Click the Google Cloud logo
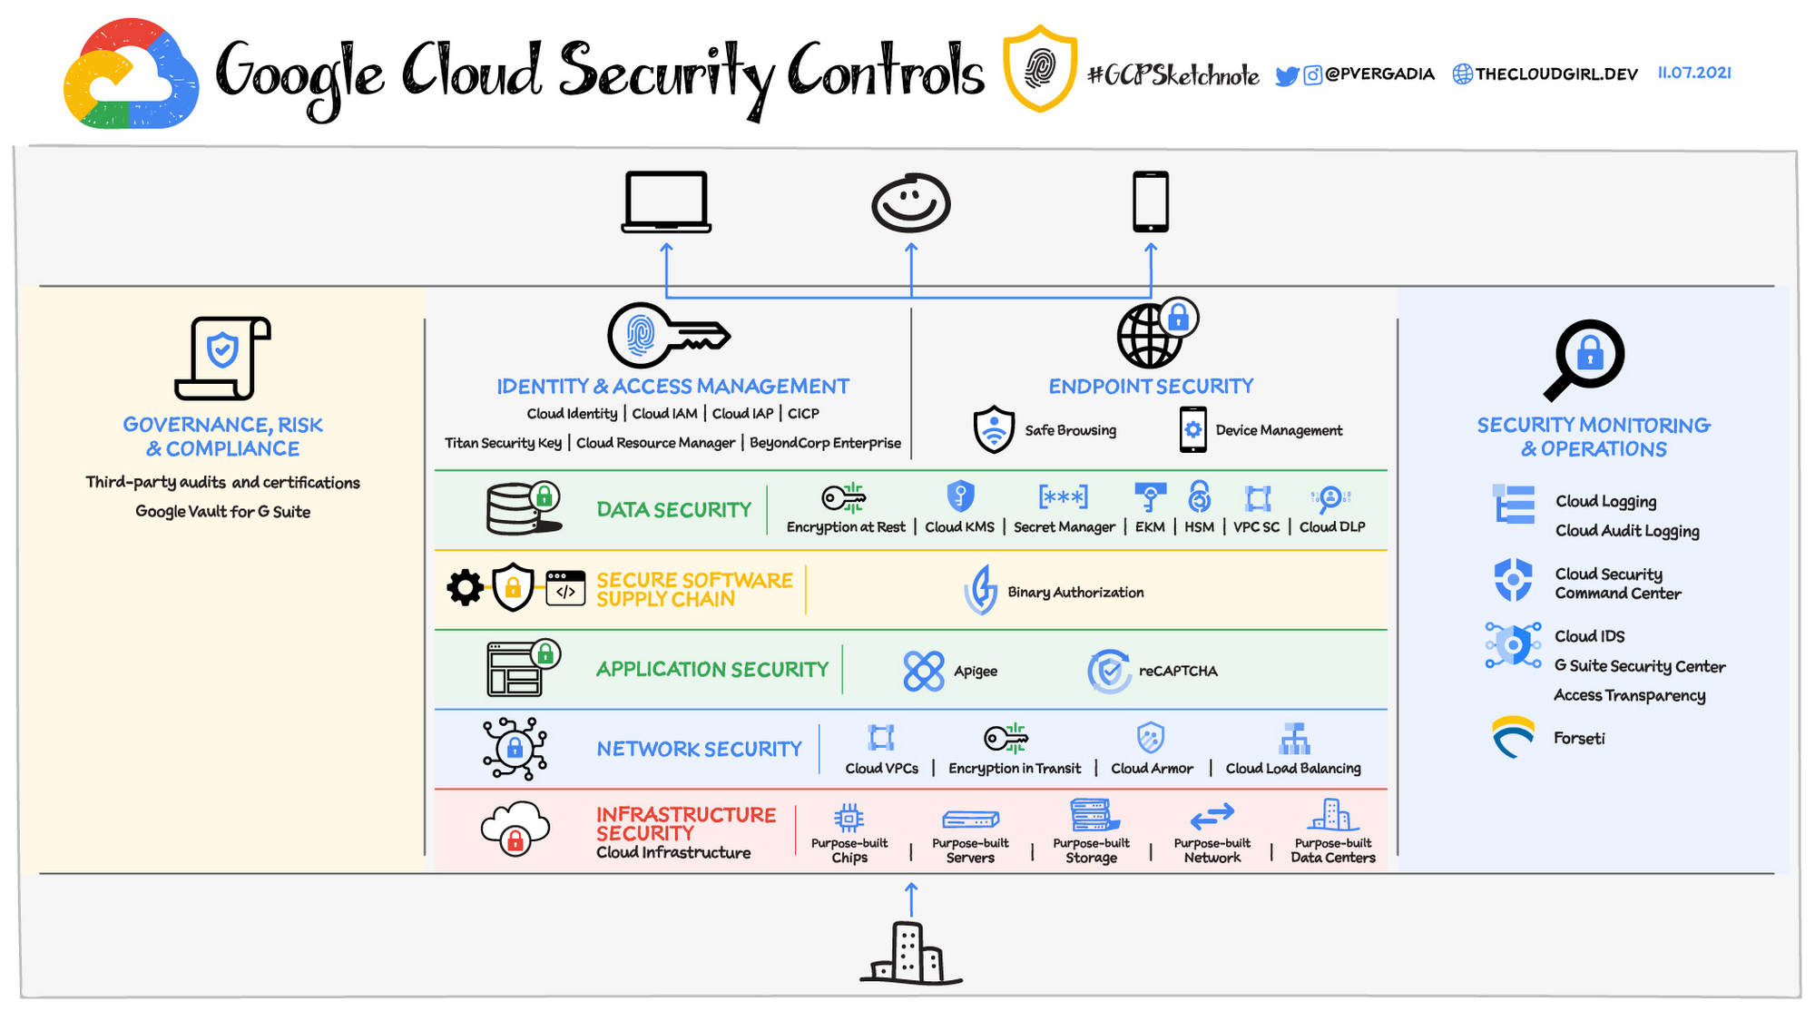click(131, 74)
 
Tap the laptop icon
click(666, 201)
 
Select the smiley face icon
click(911, 203)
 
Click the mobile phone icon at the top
click(1151, 201)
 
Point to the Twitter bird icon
click(1287, 75)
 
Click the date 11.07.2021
click(1694, 73)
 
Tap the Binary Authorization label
click(1075, 593)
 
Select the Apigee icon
click(924, 671)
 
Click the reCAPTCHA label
click(1178, 671)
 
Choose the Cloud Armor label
click(1152, 769)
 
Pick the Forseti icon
click(1514, 736)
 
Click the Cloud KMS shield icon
click(960, 496)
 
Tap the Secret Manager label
click(1064, 527)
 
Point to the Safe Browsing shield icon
click(994, 429)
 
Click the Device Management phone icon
click(1193, 429)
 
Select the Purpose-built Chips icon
click(849, 818)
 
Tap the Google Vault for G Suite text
click(223, 512)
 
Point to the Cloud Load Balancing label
click(1293, 769)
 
